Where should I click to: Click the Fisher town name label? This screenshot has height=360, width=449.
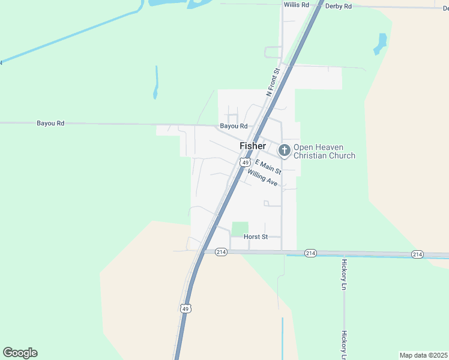point(252,146)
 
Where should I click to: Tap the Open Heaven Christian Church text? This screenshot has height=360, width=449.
point(324,151)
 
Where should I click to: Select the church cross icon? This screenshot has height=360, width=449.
point(284,149)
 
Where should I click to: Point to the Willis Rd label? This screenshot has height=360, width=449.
point(297,5)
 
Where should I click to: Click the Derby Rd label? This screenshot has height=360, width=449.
point(337,6)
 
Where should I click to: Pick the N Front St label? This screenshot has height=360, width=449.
point(273,83)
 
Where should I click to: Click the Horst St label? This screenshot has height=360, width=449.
point(255,237)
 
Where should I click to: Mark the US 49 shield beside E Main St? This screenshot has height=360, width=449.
point(245,162)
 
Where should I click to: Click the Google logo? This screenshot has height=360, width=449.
point(20,353)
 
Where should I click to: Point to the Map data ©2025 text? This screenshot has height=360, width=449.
point(423,355)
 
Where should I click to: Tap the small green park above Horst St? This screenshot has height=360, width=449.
point(240,229)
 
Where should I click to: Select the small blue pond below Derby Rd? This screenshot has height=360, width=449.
point(381,43)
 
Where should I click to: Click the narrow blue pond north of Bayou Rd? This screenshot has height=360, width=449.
point(156,82)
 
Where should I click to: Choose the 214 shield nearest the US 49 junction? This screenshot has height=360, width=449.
point(221,253)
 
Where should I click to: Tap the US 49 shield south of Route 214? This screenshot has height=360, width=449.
point(185,308)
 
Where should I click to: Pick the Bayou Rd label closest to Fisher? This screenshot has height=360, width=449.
point(234,126)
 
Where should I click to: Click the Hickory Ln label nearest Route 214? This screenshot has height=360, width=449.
point(345,273)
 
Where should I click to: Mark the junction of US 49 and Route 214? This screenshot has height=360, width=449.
point(203,251)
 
